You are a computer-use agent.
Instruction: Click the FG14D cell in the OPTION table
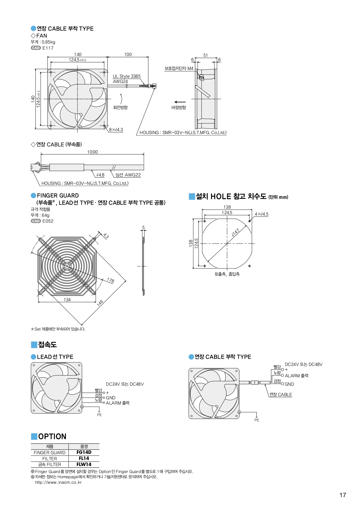pos(84,452)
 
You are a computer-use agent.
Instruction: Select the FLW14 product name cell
pos(84,464)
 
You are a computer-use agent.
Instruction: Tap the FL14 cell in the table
pos(84,458)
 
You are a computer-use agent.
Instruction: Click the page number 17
pos(343,495)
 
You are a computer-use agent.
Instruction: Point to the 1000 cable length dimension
pos(93,152)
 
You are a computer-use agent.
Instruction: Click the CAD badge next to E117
pos(36,48)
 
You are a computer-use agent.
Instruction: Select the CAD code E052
pos(48,221)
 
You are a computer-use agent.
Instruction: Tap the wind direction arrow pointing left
pos(180,102)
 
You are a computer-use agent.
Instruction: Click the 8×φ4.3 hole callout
pos(116,130)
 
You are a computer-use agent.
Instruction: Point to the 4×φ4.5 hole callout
pos(261,214)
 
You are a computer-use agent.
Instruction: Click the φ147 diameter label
pos(235,233)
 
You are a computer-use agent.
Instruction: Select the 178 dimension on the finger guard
pos(111,280)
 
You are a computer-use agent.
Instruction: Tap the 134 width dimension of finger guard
pos(67,299)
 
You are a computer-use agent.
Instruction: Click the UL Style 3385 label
pos(126,76)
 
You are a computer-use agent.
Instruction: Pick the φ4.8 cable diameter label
pos(100,175)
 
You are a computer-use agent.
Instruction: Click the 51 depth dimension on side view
pos(205,55)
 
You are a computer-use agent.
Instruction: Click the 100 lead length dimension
pos(128,55)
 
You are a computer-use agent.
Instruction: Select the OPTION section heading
pos(52,436)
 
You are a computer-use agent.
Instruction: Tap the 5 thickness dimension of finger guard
pos(143,228)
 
